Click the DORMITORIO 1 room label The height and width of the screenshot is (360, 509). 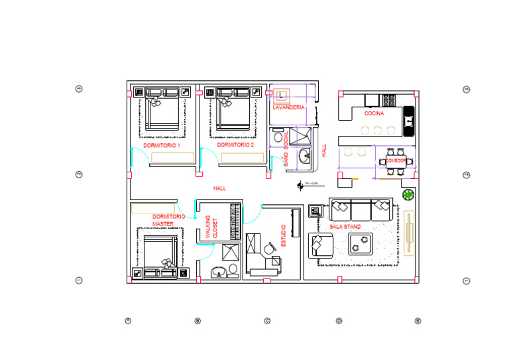pos(161,145)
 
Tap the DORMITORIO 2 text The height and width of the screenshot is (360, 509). pos(235,145)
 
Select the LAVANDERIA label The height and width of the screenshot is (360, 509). pos(289,107)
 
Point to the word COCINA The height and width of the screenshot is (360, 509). pos(374,113)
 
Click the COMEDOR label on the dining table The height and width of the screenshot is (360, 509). pos(396,161)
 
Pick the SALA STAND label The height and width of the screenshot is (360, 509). pos(345,227)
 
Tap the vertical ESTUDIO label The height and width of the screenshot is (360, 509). pos(284,237)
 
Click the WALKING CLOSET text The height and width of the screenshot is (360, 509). pos(211,227)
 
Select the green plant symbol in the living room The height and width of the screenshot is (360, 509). pos(409,195)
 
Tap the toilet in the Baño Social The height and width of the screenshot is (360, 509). pos(276,138)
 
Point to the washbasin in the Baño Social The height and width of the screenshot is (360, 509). pos(305,157)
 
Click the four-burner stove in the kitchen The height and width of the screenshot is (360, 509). pos(389,101)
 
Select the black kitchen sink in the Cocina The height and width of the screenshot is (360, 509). pos(409,121)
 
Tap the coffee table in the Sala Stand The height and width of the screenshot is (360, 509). pos(359,245)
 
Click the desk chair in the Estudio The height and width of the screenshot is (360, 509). pos(268,249)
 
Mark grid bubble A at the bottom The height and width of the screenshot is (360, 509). pos(128,321)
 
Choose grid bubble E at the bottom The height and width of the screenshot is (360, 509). pos(418,321)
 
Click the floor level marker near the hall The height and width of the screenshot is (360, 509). pos(301,184)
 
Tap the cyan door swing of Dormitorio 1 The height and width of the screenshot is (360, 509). pos(135,156)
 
